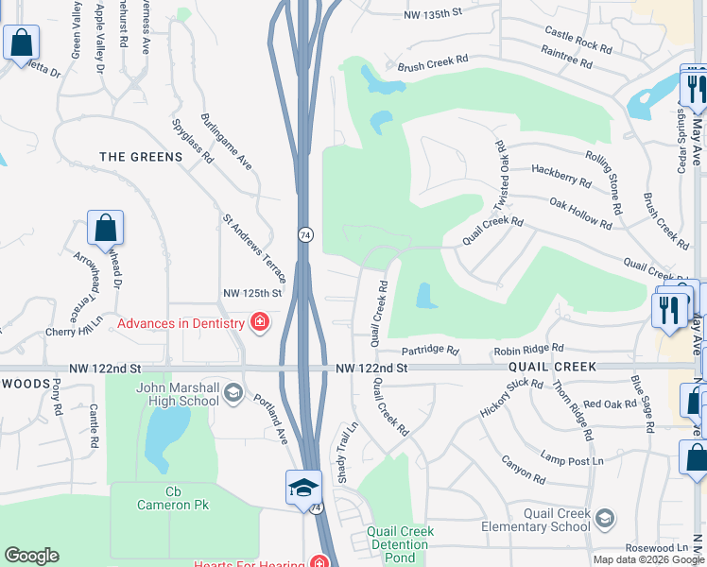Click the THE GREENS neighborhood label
coord(141,157)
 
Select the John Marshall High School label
coord(178,393)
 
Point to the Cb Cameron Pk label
coord(173,498)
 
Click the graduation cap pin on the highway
coord(304,488)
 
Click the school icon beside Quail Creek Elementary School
coord(605,518)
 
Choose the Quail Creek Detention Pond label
coord(401,544)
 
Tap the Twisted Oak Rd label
coord(501,176)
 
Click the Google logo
coord(31,556)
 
